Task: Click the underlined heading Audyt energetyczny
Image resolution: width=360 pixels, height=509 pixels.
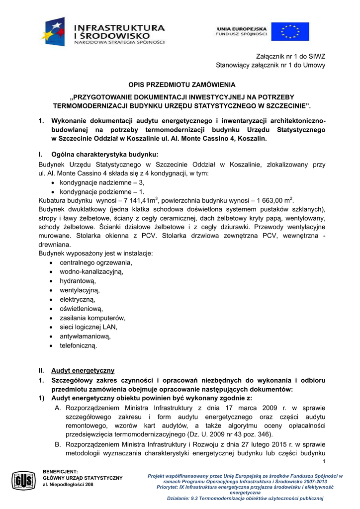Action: [83, 370]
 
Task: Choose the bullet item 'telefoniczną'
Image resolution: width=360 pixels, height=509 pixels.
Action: [79, 345]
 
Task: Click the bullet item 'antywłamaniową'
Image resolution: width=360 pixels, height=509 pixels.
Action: [85, 336]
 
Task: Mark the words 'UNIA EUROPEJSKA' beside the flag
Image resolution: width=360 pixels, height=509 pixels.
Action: [242, 29]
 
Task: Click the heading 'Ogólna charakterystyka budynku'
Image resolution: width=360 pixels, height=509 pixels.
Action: [104, 154]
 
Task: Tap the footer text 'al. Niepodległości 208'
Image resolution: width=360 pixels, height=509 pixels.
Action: [68, 484]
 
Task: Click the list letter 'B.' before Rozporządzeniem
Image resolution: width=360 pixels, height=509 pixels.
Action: [58, 444]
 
